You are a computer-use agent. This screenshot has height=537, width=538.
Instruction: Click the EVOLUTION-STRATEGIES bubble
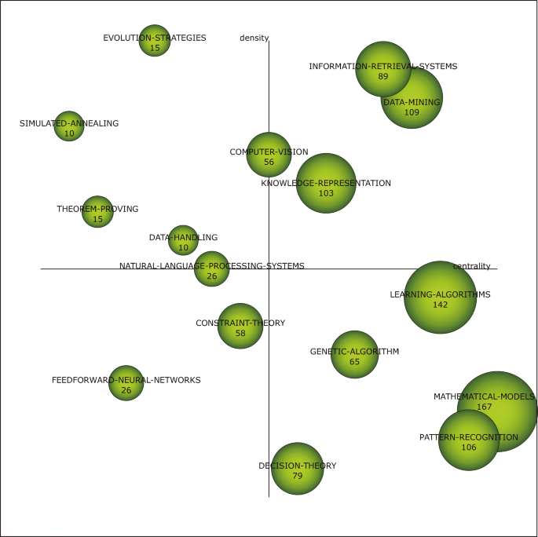(x=155, y=41)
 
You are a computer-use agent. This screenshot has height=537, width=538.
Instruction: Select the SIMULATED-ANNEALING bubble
(x=69, y=126)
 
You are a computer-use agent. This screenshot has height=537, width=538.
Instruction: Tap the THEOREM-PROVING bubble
(x=97, y=212)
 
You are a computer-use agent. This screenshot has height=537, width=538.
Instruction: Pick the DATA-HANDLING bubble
(x=183, y=241)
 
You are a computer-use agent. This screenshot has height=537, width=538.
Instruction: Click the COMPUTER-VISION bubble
(x=269, y=155)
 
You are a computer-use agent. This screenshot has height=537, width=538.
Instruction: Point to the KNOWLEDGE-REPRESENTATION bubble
(x=326, y=184)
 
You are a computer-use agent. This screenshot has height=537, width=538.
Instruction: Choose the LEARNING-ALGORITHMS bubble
(x=440, y=298)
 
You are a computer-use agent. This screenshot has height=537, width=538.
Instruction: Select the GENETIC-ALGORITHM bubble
(x=354, y=355)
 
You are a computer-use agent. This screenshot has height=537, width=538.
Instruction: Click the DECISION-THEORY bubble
(x=297, y=469)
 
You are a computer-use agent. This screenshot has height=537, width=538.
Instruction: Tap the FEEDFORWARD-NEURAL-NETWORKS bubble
(x=126, y=383)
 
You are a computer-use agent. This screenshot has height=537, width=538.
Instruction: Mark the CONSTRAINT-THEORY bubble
(x=240, y=326)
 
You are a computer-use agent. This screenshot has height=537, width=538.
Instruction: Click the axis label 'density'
(x=254, y=38)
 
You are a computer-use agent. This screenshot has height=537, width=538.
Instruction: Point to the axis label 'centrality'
(x=471, y=266)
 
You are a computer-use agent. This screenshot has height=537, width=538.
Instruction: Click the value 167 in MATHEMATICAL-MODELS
(x=484, y=407)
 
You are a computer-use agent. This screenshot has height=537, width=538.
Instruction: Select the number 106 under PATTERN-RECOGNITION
(x=469, y=447)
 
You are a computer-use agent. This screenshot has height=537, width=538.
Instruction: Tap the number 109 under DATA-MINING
(x=412, y=112)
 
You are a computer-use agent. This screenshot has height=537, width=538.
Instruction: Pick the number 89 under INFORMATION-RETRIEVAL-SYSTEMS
(x=383, y=77)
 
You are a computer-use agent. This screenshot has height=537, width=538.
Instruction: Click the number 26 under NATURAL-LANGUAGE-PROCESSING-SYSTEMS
(x=211, y=276)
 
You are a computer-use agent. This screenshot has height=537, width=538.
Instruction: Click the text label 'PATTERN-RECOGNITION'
(x=469, y=437)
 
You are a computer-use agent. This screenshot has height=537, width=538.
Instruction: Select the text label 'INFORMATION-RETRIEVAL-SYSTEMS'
(x=383, y=67)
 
